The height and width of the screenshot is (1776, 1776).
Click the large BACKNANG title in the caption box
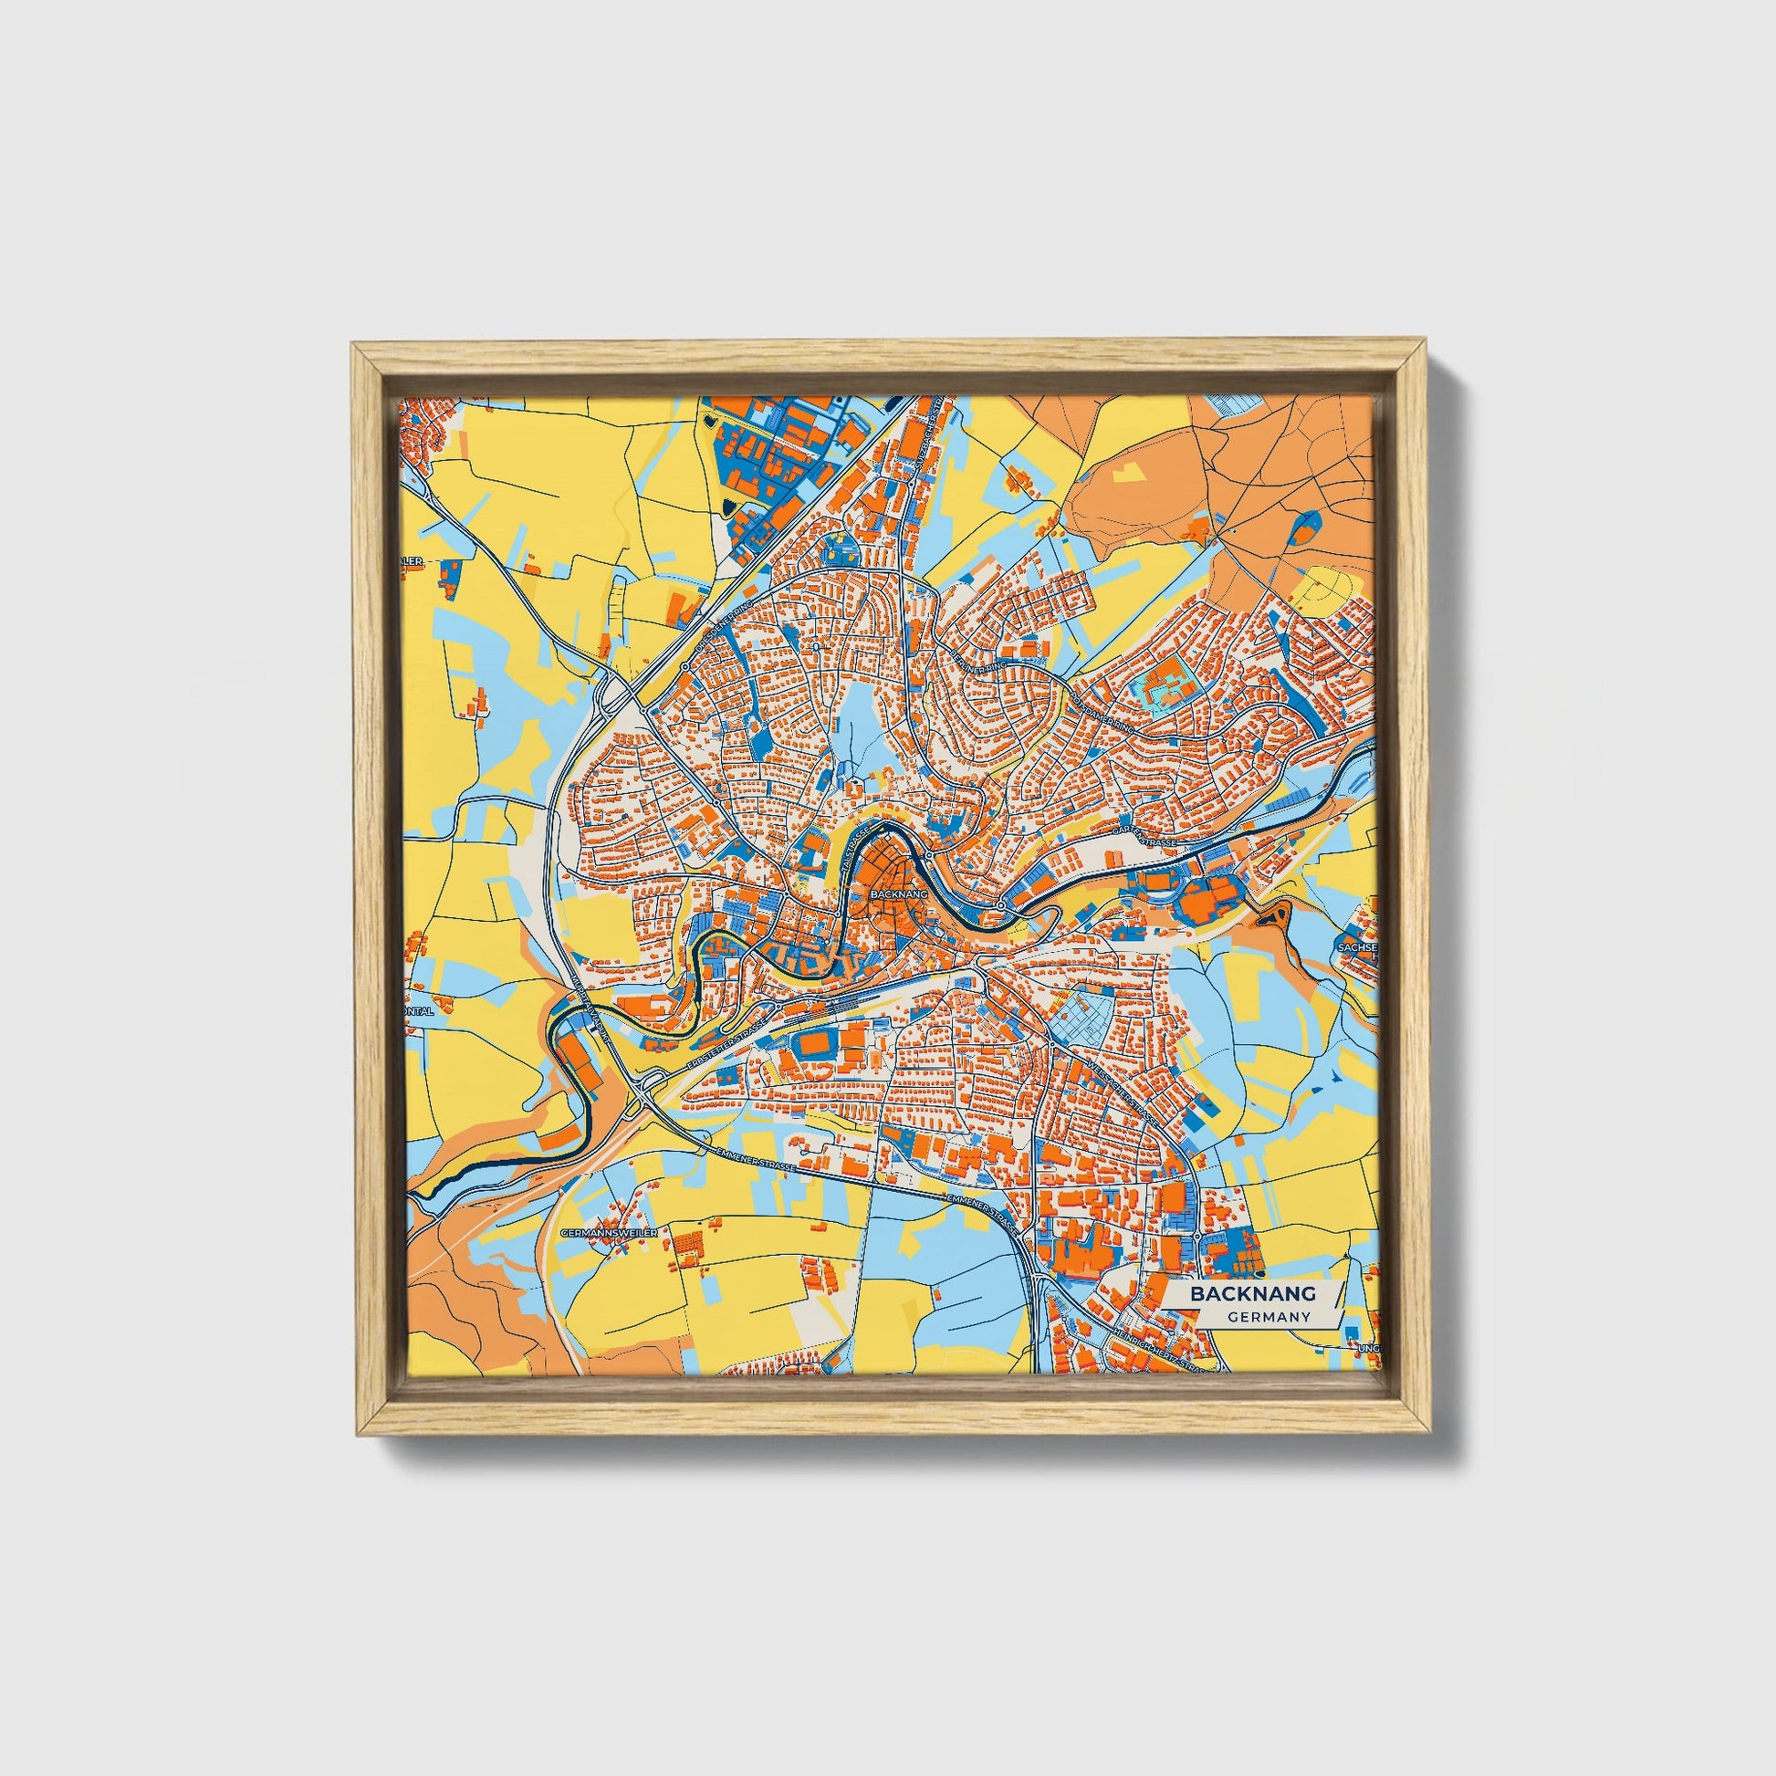tap(1253, 1293)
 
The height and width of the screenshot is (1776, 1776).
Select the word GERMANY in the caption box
tap(1268, 1317)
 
